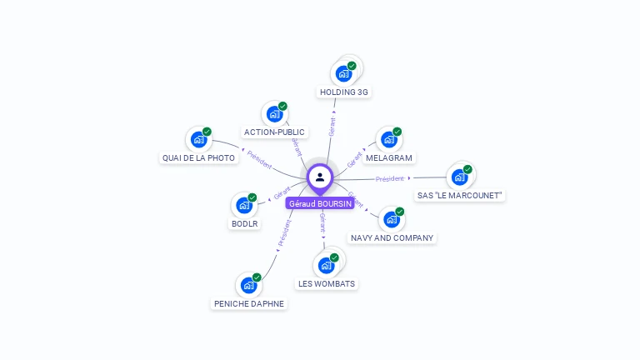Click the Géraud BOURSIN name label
(320, 203)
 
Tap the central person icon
(320, 177)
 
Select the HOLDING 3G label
(343, 92)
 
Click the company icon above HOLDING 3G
(343, 73)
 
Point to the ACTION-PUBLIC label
(274, 132)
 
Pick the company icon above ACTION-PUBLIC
(274, 114)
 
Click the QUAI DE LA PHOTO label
(198, 157)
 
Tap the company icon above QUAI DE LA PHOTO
(198, 139)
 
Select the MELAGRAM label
(389, 157)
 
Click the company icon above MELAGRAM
(388, 139)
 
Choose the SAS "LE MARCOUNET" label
(460, 195)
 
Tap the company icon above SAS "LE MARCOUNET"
(458, 177)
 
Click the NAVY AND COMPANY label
(392, 237)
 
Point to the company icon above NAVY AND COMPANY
(391, 219)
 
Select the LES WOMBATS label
(327, 283)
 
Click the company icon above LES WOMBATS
(326, 265)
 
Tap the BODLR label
(244, 223)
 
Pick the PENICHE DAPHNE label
(249, 303)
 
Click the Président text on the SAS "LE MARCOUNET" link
(389, 178)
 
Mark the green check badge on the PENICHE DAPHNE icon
(257, 277)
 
